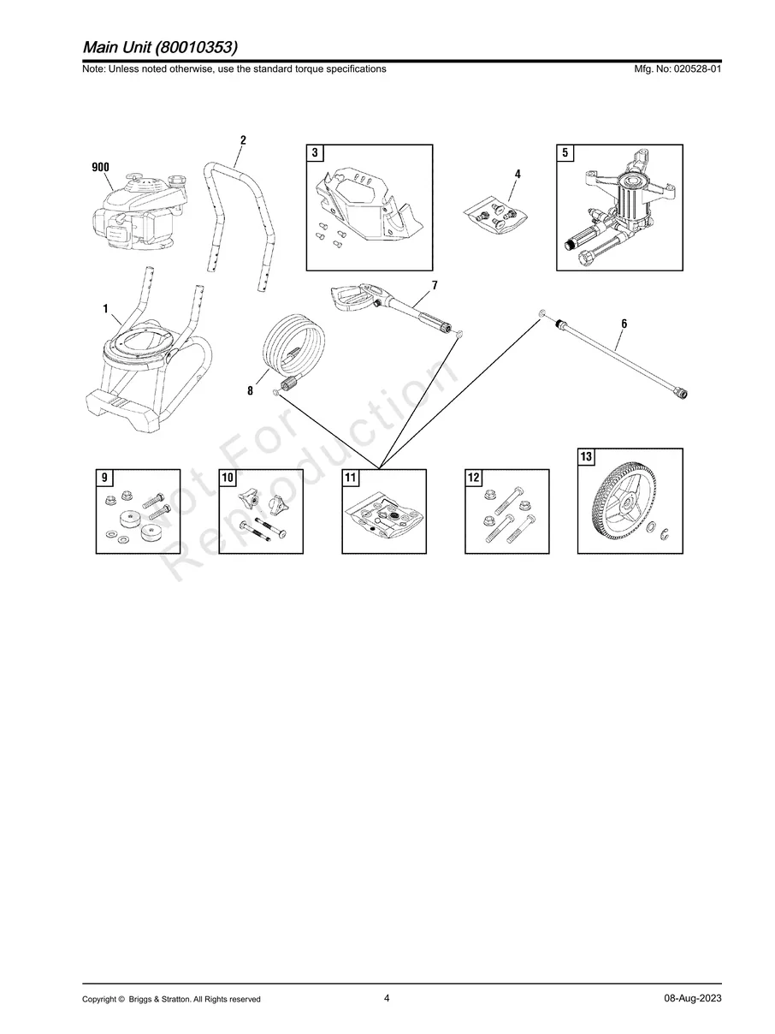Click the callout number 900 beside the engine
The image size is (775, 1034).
click(x=100, y=167)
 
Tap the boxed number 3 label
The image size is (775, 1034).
click(x=315, y=153)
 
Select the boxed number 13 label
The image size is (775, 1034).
click(x=586, y=457)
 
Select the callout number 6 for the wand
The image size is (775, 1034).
click(x=624, y=324)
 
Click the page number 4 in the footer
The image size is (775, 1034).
click(x=387, y=998)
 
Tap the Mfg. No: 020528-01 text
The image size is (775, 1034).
click(x=675, y=69)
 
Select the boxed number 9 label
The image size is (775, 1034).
click(x=104, y=478)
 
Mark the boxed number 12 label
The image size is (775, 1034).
click(x=474, y=478)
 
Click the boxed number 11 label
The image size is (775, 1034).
click(x=351, y=478)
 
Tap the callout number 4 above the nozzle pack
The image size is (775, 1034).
click(x=518, y=174)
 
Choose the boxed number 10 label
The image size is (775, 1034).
click(x=228, y=478)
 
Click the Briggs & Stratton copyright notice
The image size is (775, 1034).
click(x=171, y=999)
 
